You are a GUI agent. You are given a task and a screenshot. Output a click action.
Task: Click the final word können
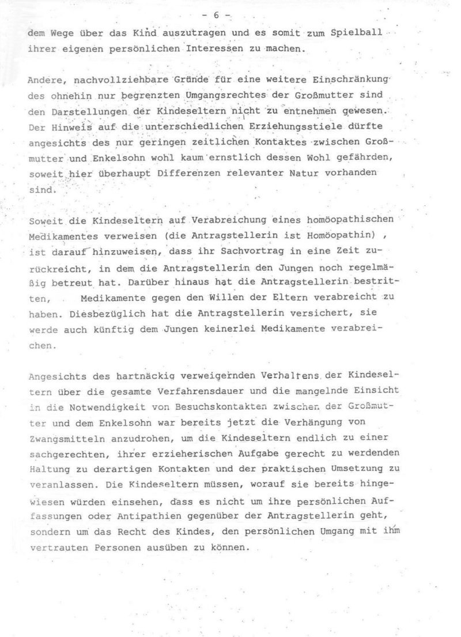[x=231, y=548]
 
